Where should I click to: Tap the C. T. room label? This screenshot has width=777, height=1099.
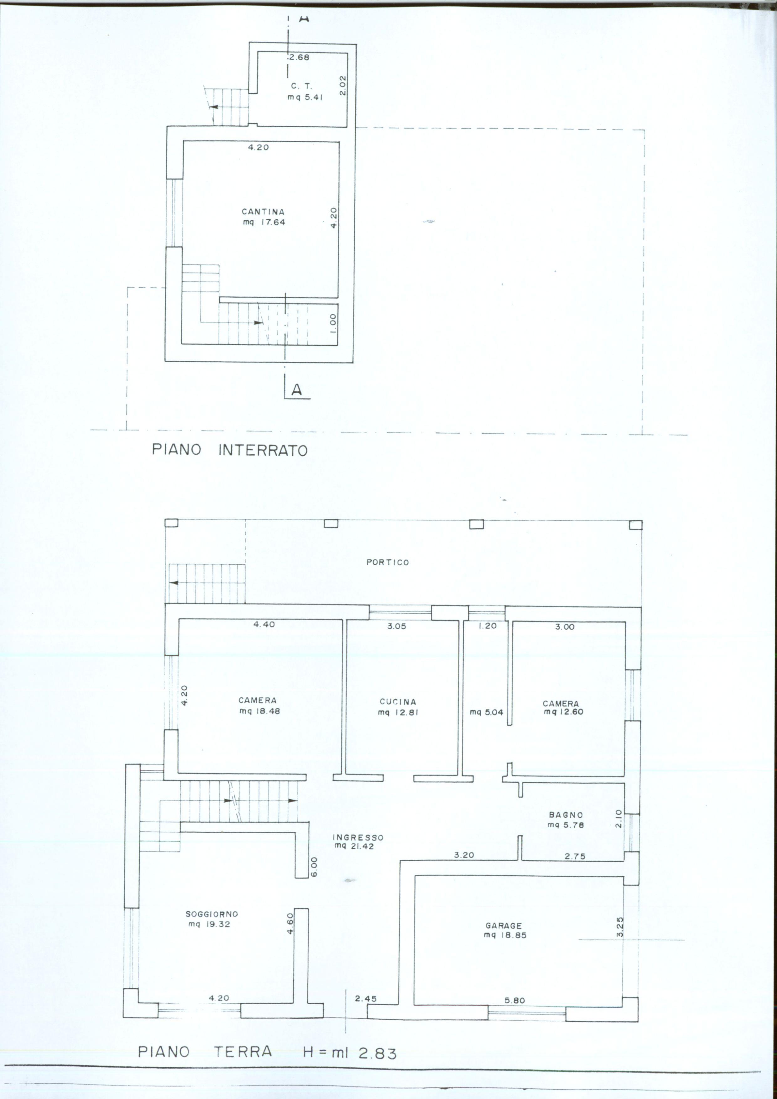click(301, 86)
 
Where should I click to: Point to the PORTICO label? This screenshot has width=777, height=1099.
click(388, 562)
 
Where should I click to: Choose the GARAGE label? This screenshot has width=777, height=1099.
click(504, 926)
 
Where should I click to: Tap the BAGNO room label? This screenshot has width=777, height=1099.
click(566, 815)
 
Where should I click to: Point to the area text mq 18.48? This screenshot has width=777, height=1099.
click(260, 711)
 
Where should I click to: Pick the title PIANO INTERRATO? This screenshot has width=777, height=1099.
click(230, 450)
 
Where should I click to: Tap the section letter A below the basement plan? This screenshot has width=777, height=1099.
click(297, 390)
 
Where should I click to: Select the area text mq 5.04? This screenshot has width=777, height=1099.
click(487, 712)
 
